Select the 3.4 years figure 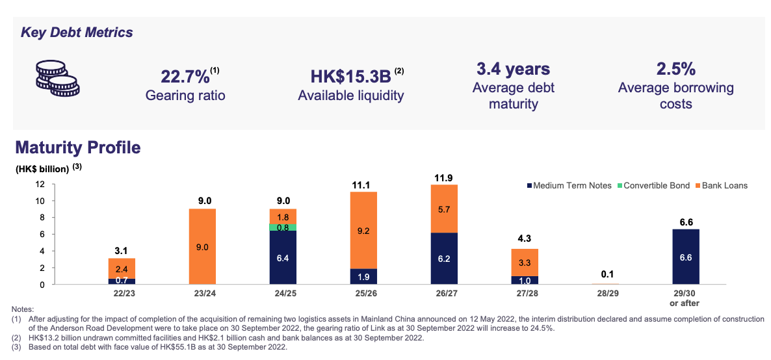pos(513,69)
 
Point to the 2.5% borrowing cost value pos(676,69)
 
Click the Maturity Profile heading pos(77,148)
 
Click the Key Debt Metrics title pos(77,32)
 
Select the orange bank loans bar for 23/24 pos(202,246)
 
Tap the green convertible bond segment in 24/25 pos(283,227)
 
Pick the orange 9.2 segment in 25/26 pos(363,230)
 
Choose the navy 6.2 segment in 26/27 pos(444,258)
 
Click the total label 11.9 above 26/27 pos(444,177)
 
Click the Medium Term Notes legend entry pos(568,186)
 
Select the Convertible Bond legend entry pos(655,186)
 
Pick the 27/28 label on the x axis pos(524,294)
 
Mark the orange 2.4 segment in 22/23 pos(122,268)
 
